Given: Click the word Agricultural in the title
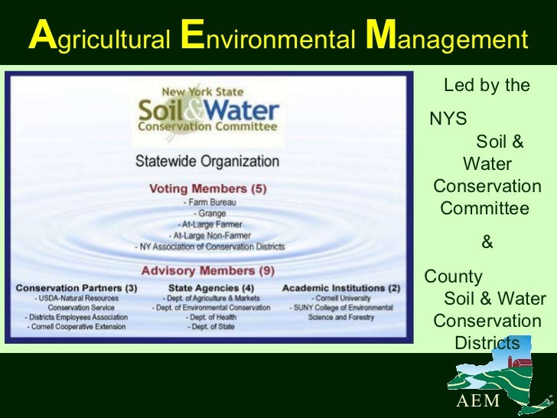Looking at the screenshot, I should [x=98, y=38].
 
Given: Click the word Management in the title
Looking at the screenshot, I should [x=447, y=38].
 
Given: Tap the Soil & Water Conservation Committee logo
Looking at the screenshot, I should [x=207, y=115].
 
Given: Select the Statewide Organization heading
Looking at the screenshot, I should [x=207, y=162].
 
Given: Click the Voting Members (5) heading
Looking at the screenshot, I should [x=207, y=188].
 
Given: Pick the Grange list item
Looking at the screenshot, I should [x=210, y=214].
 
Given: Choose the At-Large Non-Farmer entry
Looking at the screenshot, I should [x=209, y=236].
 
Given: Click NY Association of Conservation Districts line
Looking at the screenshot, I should [x=210, y=247].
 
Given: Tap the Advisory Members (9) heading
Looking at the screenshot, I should [x=207, y=270].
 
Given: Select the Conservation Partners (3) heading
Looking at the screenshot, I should [x=77, y=288].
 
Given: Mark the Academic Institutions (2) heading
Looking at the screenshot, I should [x=341, y=288].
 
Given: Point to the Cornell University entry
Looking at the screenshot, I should [x=341, y=298].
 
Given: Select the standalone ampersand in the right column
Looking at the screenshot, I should [x=487, y=243].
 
